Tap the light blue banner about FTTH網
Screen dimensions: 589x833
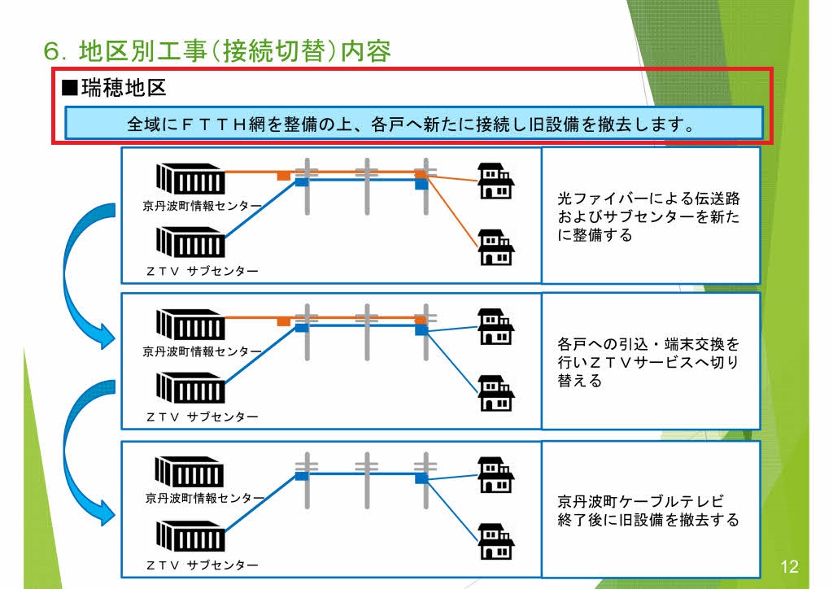pyautogui.click(x=413, y=124)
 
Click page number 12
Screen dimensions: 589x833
pyautogui.click(x=789, y=567)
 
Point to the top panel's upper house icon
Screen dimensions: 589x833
pyautogui.click(x=495, y=181)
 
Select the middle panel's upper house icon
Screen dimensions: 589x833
pyautogui.click(x=495, y=325)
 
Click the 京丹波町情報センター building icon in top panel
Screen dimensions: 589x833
pyautogui.click(x=191, y=179)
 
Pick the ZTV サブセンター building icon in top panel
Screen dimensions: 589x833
pyautogui.click(x=191, y=242)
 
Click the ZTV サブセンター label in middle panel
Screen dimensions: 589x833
pyautogui.click(x=203, y=417)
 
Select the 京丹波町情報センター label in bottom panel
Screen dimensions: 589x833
pyautogui.click(x=205, y=498)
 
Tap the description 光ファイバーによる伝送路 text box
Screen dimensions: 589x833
pyautogui.click(x=649, y=216)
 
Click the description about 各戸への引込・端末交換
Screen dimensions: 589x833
pyautogui.click(x=649, y=362)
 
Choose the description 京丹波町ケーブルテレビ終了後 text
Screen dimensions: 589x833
pyautogui.click(x=649, y=510)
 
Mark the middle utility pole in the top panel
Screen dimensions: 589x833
pyautogui.click(x=367, y=186)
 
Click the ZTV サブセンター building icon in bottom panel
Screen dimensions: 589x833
pyautogui.click(x=191, y=534)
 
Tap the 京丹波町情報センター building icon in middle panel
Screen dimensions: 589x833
pyautogui.click(x=191, y=325)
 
